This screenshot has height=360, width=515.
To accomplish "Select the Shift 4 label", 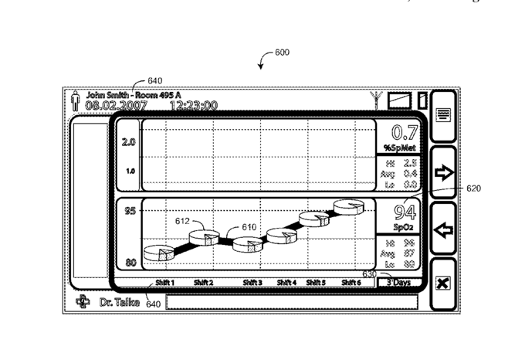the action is [286, 283].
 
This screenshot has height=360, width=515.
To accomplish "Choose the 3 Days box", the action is [399, 283].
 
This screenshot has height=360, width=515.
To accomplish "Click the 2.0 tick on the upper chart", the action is [129, 142].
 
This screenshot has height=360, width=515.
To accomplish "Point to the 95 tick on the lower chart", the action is [129, 211].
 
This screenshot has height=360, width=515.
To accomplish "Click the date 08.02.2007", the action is [116, 105].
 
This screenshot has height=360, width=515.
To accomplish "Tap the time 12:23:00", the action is [193, 105].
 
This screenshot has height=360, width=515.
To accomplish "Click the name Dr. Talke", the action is [120, 302].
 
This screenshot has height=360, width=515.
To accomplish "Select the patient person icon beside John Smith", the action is [76, 101].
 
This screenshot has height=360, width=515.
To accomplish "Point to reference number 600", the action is [283, 53].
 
